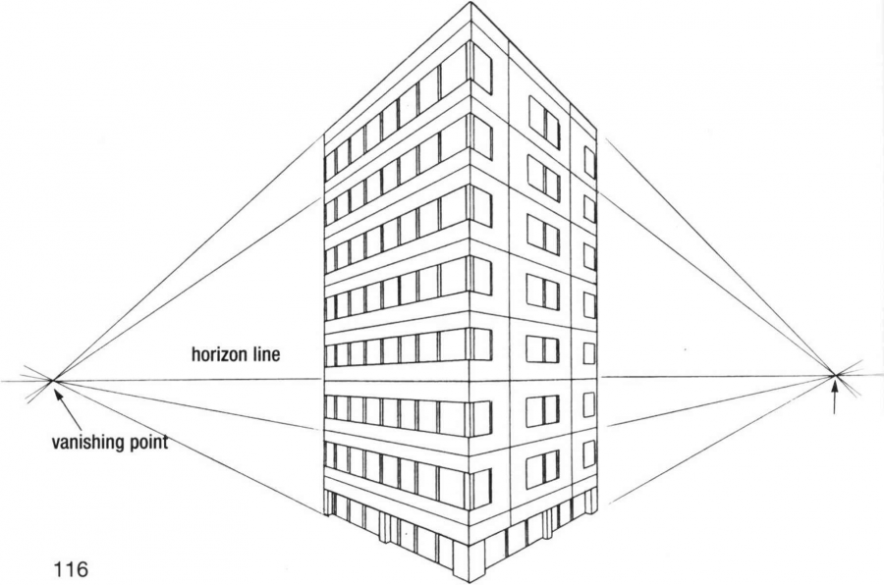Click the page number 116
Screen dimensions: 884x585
(71, 569)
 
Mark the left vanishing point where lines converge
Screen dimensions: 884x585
(52, 381)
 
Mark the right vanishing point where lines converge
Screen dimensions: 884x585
(836, 374)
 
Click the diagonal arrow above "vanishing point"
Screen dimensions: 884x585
(68, 408)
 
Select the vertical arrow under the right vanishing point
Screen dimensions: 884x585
(835, 397)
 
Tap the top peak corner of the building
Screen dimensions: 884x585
(470, 2)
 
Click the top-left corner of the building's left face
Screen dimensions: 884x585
(325, 136)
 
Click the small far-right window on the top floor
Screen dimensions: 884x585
(589, 162)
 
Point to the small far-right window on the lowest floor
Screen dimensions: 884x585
(588, 454)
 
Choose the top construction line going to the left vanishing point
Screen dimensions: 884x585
(189, 259)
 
